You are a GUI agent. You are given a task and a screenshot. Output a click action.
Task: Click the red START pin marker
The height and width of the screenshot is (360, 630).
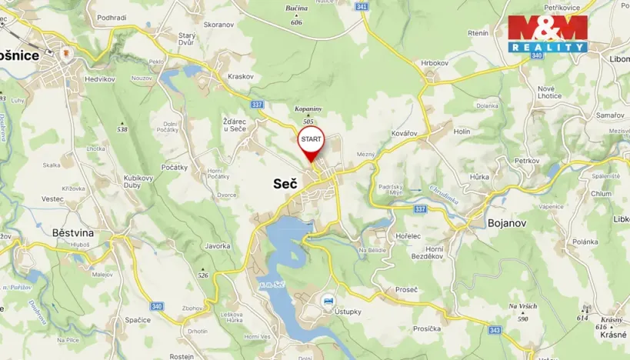click(312, 141)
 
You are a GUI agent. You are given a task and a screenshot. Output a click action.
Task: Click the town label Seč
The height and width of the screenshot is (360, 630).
click(284, 183)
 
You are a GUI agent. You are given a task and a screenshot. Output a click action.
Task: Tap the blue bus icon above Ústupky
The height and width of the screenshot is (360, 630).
click(329, 299)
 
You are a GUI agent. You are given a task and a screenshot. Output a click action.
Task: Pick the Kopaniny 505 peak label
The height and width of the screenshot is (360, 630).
click(308, 115)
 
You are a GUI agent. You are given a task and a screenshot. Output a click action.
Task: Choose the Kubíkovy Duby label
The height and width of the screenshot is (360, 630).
click(139, 182)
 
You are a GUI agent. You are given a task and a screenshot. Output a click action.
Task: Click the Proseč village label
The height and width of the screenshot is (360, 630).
click(405, 289)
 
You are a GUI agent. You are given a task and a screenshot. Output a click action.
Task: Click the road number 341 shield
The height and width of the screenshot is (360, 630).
click(362, 6)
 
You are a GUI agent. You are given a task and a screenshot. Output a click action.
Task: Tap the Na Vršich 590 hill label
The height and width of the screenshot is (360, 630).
click(523, 312)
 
